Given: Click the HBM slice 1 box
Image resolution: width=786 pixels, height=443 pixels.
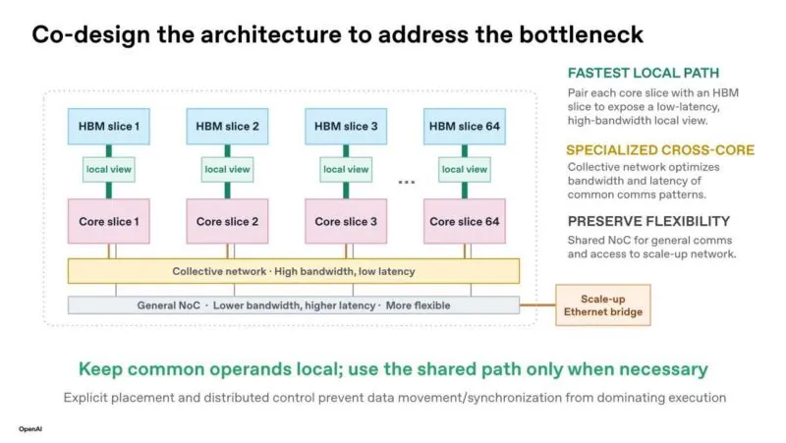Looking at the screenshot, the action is pyautogui.click(x=109, y=127).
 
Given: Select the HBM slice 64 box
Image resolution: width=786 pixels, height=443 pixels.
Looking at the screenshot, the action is pyautogui.click(x=464, y=127).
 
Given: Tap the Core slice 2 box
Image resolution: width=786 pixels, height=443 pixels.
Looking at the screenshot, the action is pyautogui.click(x=227, y=222).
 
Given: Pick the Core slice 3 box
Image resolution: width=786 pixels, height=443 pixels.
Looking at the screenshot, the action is pyautogui.click(x=346, y=222).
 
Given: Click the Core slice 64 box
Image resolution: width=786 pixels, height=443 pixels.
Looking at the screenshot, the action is pyautogui.click(x=464, y=222).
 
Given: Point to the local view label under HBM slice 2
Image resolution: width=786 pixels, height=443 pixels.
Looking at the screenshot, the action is pyautogui.click(x=227, y=169).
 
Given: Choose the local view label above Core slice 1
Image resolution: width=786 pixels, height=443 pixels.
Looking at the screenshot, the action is pyautogui.click(x=109, y=169).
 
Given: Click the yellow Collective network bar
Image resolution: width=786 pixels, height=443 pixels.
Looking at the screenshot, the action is pyautogui.click(x=294, y=271).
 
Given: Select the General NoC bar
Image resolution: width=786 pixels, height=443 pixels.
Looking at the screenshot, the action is pyautogui.click(x=294, y=305).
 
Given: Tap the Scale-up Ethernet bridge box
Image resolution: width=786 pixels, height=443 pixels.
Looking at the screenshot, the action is pyautogui.click(x=603, y=305).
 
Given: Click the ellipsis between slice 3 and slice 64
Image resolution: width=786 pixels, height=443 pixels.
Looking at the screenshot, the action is pyautogui.click(x=407, y=182).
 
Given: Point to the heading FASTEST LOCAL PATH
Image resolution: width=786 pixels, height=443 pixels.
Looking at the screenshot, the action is pyautogui.click(x=644, y=73).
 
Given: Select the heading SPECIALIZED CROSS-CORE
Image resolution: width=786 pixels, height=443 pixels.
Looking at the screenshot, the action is pyautogui.click(x=660, y=150).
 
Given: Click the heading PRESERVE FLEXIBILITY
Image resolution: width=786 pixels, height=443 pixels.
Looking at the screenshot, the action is pyautogui.click(x=648, y=222).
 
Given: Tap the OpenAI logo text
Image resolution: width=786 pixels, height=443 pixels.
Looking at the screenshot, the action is pyautogui.click(x=30, y=429).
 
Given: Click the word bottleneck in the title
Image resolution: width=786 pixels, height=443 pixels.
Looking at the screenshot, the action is pyautogui.click(x=581, y=34).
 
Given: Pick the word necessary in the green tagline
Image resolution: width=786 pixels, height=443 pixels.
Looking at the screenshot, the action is pyautogui.click(x=664, y=369).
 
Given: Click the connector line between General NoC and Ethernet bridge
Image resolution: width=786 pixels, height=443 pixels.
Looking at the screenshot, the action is pyautogui.click(x=537, y=305).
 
